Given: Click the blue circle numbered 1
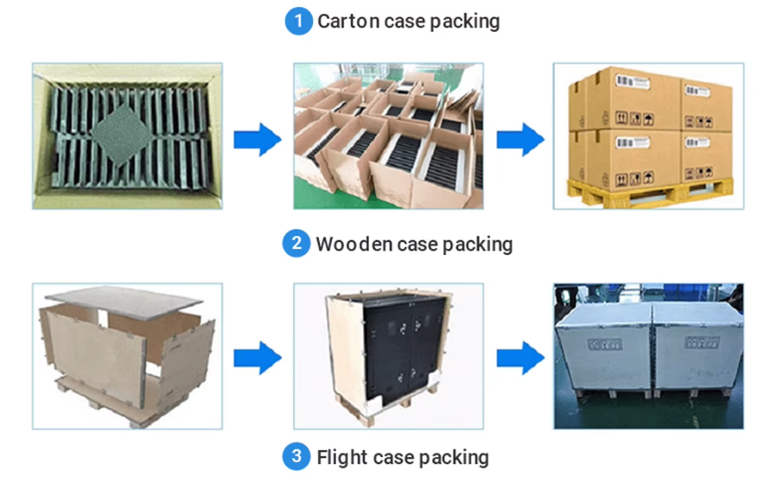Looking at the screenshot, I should tap(298, 21).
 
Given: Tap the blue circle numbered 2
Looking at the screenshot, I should tap(296, 245).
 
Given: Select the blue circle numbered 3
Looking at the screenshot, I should tap(296, 457).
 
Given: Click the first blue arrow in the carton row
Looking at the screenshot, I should tap(258, 138).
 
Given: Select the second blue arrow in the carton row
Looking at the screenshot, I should tap(520, 138).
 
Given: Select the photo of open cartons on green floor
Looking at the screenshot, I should tap(388, 136).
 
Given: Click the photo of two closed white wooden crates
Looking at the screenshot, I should tap(648, 356).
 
